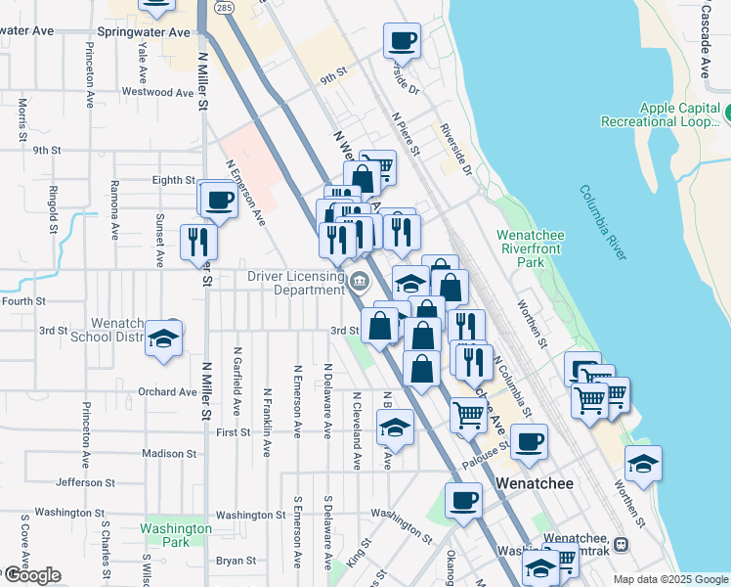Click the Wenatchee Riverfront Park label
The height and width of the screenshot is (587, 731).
coord(534,248)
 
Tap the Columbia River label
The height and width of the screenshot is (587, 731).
coord(601,222)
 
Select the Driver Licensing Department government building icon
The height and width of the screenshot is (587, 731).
coord(360,283)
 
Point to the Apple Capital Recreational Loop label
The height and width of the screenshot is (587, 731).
coord(680,115)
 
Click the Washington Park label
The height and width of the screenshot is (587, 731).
coord(176,535)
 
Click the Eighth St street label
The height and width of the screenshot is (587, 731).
coord(174,180)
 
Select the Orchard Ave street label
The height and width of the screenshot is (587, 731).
coord(167,392)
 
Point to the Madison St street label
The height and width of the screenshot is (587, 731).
coord(169,454)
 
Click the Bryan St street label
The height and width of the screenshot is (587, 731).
coord(236,561)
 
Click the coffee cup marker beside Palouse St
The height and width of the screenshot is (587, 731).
coord(530,441)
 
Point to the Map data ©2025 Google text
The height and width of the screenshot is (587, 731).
coord(670,579)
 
